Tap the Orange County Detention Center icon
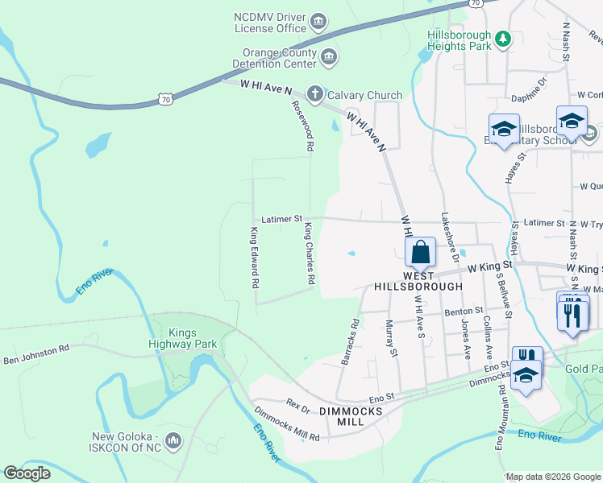pyautogui.click(x=328, y=56)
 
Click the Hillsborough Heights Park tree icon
pyautogui.click(x=503, y=38)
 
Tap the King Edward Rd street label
pyautogui.click(x=254, y=258)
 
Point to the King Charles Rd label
pyautogui.click(x=309, y=254)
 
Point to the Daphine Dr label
pyautogui.click(x=529, y=89)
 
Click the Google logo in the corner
pyautogui.click(x=27, y=473)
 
